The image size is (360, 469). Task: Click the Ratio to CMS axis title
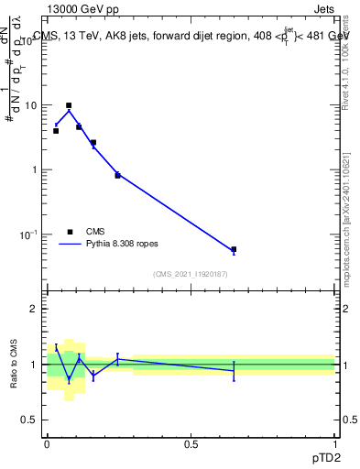tap(15, 365)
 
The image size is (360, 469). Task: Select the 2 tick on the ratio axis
tap(34, 309)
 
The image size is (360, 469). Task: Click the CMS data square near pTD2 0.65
tap(234, 249)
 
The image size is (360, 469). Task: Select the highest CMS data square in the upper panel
tap(69, 105)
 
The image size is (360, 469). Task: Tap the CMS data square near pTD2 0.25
tap(117, 175)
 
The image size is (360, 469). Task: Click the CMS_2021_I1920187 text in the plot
tap(190, 273)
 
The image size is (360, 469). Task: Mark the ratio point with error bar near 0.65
tap(234, 370)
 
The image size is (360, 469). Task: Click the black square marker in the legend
tap(69, 232)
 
